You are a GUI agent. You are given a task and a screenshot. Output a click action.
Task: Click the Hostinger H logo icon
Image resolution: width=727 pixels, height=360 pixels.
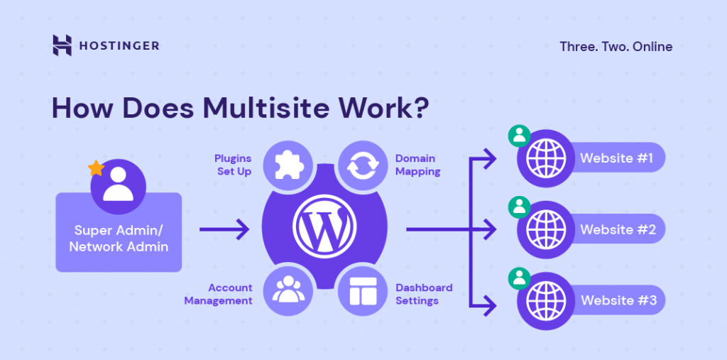pos(62,45)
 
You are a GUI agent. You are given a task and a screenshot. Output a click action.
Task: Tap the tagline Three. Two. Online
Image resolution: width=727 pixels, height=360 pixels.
pos(616,47)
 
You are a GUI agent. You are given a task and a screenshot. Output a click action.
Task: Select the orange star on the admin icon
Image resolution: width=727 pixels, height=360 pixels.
pos(94,168)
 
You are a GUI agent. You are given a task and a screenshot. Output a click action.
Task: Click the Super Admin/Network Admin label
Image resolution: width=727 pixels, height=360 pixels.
pos(119,238)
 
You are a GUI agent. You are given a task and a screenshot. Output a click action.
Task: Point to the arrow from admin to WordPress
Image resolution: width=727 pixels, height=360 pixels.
pos(224,229)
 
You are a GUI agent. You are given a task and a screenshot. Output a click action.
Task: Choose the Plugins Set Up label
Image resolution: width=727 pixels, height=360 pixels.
pos(232,165)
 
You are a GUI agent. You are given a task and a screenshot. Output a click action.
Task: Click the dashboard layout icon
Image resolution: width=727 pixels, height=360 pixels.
pos(361,292)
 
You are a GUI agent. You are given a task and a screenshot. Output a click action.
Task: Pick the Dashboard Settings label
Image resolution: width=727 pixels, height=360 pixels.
pos(424,294)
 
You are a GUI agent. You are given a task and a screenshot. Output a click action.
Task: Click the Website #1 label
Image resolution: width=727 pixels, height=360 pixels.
pos(616,158)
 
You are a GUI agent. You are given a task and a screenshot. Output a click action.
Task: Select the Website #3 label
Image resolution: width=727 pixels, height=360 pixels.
pos(618,300)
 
